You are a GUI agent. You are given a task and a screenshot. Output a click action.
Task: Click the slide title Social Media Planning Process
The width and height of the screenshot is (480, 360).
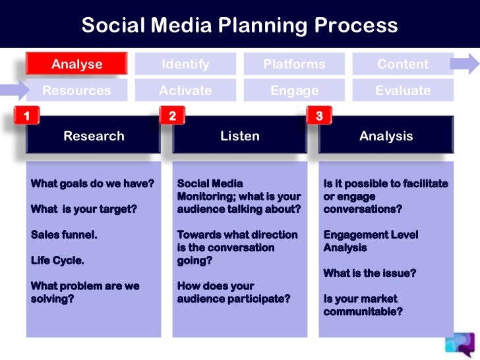pos(239,25)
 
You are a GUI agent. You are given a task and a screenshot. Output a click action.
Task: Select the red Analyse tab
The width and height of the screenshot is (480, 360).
pos(76,64)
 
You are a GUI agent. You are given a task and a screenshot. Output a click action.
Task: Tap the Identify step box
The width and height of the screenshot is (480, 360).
pos(185,64)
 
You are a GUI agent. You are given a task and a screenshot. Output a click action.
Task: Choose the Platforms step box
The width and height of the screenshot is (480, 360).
pos(294,64)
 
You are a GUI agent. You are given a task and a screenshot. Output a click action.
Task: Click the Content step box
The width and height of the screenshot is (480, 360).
pos(402,64)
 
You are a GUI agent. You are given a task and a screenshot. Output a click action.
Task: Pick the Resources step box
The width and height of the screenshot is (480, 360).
pos(76,90)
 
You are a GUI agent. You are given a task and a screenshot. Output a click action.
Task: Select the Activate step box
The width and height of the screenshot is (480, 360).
pos(185,90)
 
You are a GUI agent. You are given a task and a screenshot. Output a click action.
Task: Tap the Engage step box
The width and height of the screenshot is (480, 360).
pos(294,90)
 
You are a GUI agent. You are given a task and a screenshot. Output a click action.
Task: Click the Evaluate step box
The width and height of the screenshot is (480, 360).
pos(402,90)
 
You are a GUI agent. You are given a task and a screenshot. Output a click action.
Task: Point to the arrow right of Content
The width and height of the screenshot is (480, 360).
pos(465,64)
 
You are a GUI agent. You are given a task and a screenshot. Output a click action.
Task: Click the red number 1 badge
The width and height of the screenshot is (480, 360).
pos(26,117)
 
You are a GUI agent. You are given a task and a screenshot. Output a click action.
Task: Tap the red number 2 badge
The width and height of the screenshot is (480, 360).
pos(172,117)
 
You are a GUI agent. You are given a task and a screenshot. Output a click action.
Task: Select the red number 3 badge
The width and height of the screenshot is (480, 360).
pos(319,117)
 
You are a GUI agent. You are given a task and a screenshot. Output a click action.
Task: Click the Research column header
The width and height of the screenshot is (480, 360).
pos(94,136)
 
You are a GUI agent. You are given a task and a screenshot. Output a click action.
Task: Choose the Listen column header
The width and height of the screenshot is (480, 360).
pos(240,136)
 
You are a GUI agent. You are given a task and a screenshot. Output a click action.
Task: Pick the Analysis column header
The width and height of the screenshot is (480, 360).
pos(386,136)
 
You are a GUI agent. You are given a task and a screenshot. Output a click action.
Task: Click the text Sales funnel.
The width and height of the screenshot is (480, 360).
pos(64,235)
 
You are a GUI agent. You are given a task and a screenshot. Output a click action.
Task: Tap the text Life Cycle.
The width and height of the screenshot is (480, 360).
pos(57,260)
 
